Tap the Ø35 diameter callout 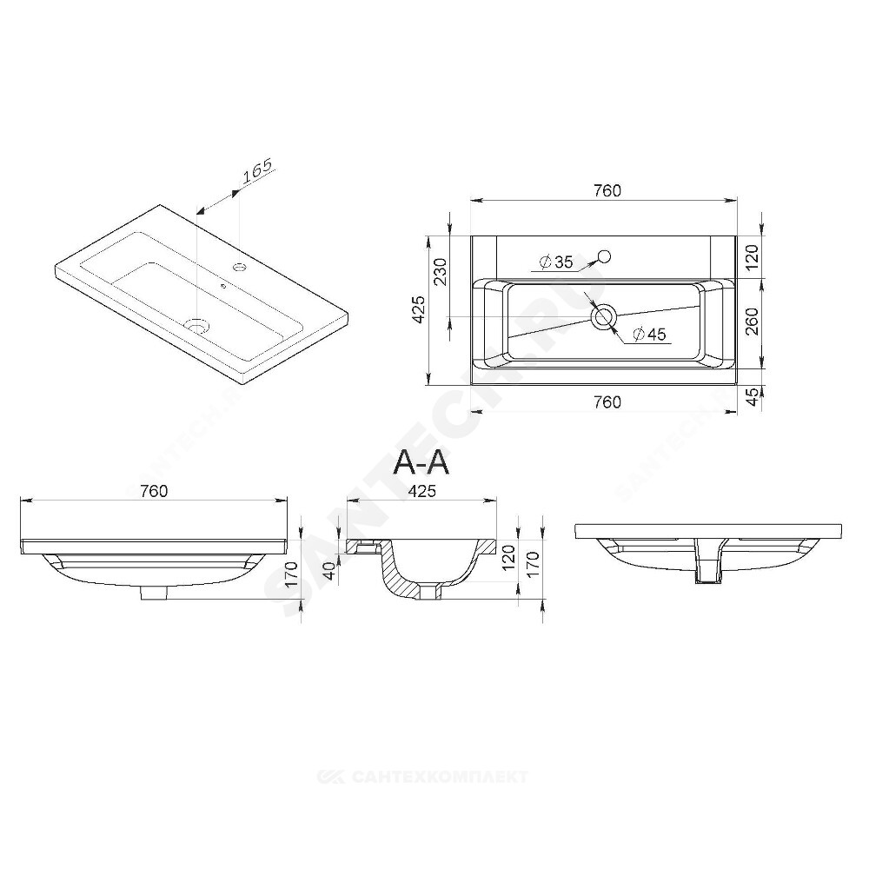tap(556, 262)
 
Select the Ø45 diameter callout tap(648, 335)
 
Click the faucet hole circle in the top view tap(604, 256)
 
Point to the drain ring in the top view tap(603, 317)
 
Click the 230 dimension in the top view tap(440, 271)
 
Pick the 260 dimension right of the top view tap(752, 322)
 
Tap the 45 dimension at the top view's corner tap(752, 397)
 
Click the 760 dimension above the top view tap(607, 190)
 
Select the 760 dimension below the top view tap(607, 402)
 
